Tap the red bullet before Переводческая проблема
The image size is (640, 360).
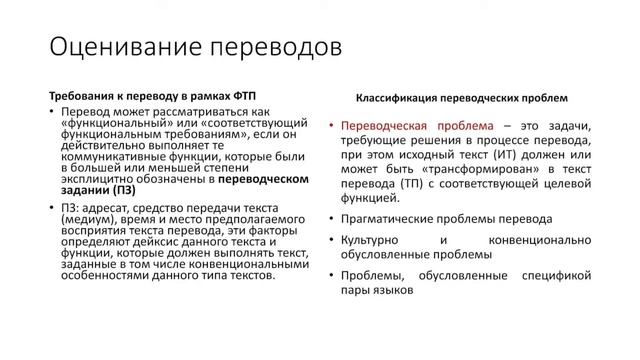click(331, 127)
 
